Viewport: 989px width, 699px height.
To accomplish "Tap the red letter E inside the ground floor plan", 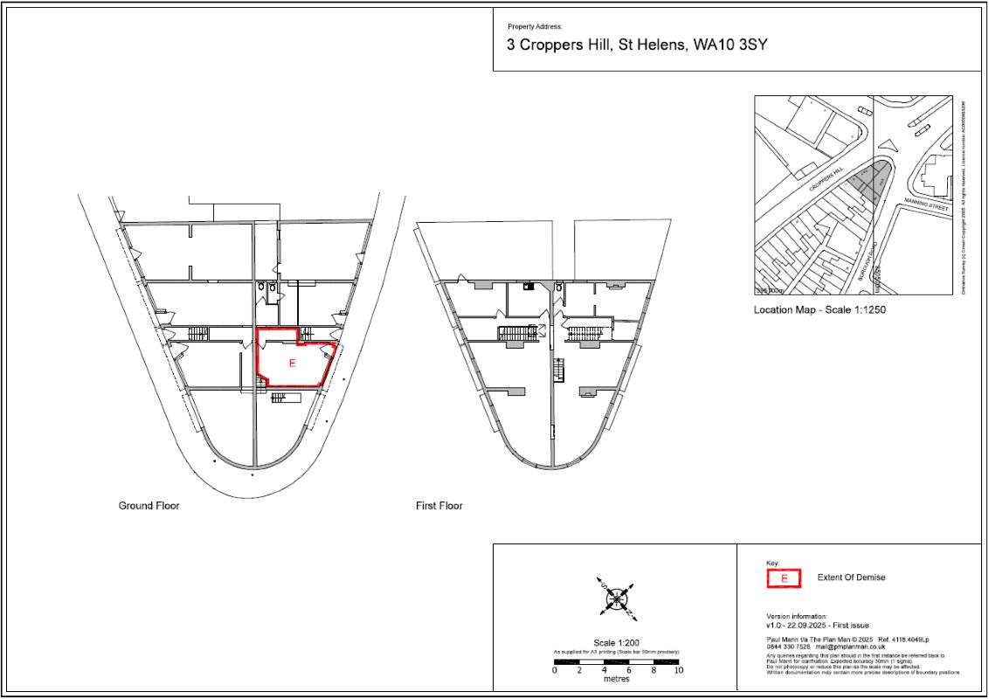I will point(292,363).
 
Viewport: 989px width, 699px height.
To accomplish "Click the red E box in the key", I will point(784,578).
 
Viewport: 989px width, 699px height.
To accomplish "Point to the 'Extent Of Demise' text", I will point(850,578).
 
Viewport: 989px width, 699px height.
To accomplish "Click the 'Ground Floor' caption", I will point(149,506).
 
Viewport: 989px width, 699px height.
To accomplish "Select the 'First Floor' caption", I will point(439,506).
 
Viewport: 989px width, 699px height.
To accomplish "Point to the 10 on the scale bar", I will point(678,670).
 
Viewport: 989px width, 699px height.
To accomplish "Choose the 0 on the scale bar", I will point(556,670).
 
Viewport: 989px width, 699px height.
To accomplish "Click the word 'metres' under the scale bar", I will point(617,679).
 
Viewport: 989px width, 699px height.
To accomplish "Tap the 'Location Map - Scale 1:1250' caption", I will point(813,310).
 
